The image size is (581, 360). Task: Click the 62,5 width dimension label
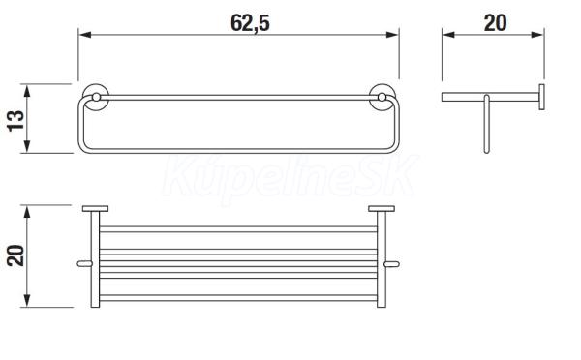(x=250, y=23)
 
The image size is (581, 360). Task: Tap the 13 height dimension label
(x=15, y=120)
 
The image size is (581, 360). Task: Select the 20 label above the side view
(x=496, y=23)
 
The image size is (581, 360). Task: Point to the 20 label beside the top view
(x=15, y=255)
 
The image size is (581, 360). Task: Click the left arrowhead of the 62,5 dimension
(x=85, y=35)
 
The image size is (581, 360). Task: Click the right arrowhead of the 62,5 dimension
(x=392, y=35)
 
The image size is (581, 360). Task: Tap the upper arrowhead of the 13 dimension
(x=27, y=91)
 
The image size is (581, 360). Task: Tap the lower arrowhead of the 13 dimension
(x=27, y=146)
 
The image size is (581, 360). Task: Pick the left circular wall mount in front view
(x=96, y=97)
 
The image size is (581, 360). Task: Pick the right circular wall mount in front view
(x=382, y=97)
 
